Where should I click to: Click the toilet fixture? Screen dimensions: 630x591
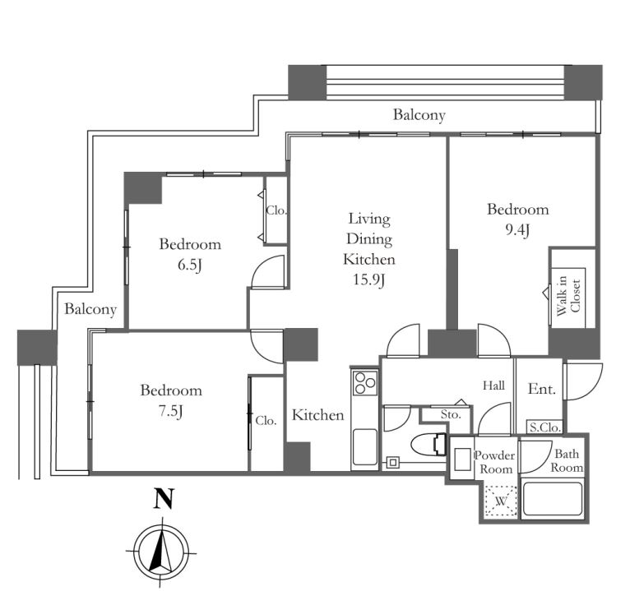click(x=429, y=445)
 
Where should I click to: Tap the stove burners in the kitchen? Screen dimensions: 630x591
click(x=365, y=382)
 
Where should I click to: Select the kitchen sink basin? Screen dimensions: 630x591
click(x=365, y=447)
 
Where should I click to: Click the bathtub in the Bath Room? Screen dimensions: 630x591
click(x=553, y=498)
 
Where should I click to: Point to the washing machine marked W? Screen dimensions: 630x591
click(x=500, y=501)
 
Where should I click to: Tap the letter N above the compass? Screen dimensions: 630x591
click(x=164, y=498)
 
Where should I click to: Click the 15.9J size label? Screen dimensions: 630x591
click(x=369, y=279)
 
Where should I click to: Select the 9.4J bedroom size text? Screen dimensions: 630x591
click(x=517, y=229)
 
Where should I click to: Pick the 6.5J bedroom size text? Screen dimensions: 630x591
click(x=190, y=265)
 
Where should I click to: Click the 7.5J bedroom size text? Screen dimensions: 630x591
click(x=171, y=411)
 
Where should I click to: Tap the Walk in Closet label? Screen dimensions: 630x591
click(x=568, y=296)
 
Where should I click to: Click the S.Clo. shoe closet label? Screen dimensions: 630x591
click(x=544, y=427)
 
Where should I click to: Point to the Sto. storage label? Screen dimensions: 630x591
click(x=451, y=414)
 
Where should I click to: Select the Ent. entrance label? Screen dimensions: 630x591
click(x=542, y=389)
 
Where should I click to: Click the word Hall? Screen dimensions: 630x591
click(x=493, y=386)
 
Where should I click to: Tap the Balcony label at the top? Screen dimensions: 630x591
click(x=419, y=115)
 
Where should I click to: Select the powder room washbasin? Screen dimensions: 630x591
click(x=462, y=459)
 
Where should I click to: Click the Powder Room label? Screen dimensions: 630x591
click(x=495, y=462)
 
